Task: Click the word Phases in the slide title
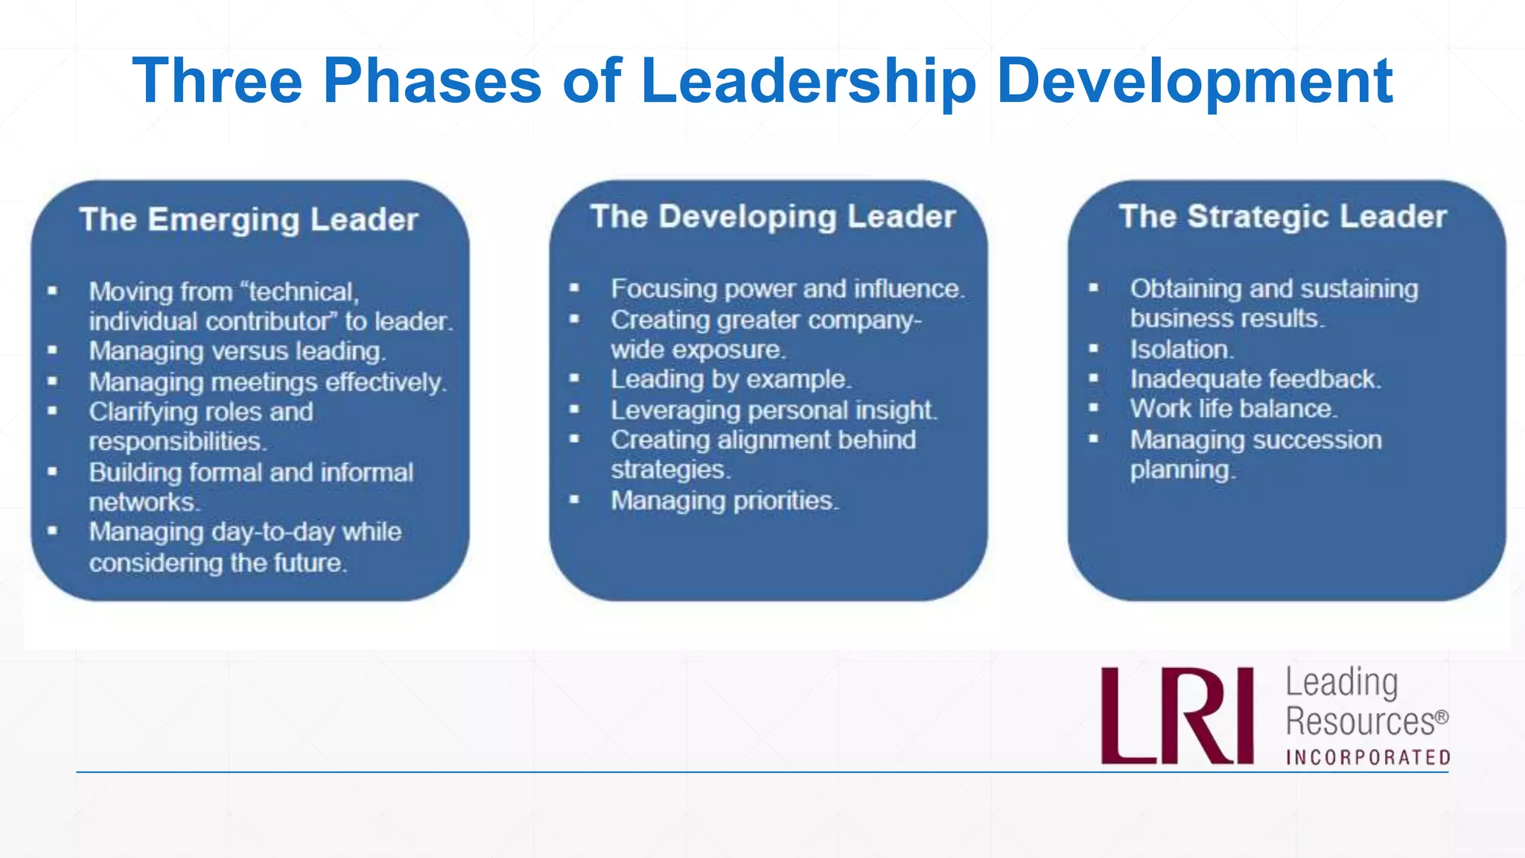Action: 432,80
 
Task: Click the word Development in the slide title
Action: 1194,80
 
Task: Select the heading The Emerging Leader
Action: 249,220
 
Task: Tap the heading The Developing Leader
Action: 773,217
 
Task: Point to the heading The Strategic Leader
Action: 1283,217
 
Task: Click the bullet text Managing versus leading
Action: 237,351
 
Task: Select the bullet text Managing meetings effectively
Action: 267,382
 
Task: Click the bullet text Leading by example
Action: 730,379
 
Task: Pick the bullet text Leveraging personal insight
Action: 774,410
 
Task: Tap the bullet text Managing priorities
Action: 725,500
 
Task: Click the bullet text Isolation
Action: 1182,349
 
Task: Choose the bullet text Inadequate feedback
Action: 1255,379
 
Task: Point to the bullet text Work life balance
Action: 1234,409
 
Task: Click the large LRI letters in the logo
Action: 1177,716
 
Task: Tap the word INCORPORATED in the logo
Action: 1369,757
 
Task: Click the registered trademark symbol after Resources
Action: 1442,716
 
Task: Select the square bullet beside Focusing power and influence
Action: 574,287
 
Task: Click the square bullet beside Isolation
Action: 1093,348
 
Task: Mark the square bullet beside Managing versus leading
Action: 52,349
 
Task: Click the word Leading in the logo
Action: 1342,682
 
